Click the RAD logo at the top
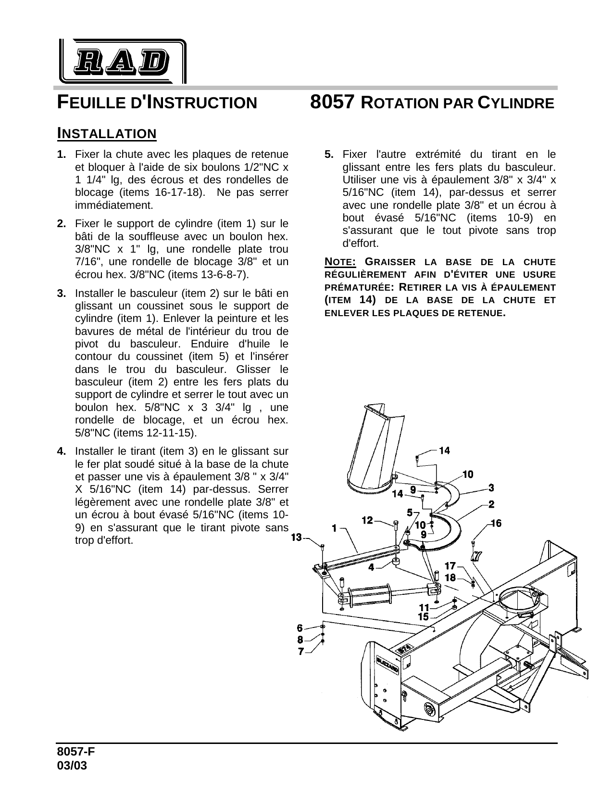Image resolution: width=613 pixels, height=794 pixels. click(123, 61)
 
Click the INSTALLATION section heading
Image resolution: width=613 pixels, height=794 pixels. click(107, 133)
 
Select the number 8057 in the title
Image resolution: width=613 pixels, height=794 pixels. click(333, 102)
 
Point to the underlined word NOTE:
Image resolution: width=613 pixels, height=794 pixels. click(340, 262)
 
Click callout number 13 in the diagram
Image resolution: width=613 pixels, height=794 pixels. click(296, 537)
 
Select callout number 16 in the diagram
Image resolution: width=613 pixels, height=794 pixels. click(496, 523)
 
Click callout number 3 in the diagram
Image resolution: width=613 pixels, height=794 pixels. click(491, 487)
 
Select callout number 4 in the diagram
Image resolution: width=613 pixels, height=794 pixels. click(371, 567)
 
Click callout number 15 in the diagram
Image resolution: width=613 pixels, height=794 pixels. click(423, 616)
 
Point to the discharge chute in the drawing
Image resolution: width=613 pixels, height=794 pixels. click(370, 448)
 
